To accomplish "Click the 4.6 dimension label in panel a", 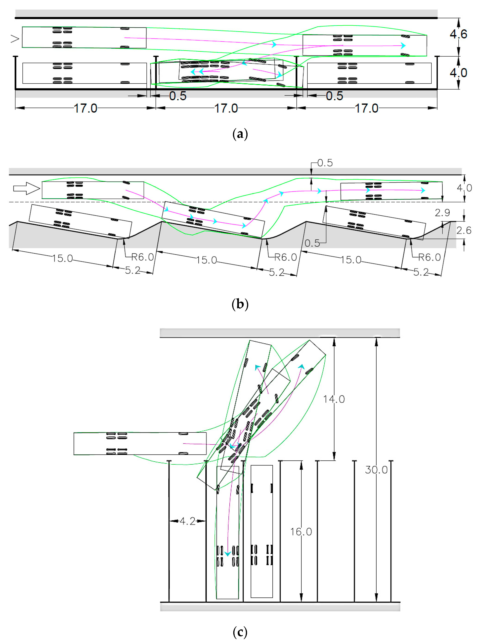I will (x=458, y=34).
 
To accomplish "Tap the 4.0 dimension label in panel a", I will (x=458, y=72).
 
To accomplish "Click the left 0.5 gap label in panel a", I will (x=178, y=96).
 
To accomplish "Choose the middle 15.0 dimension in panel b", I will (x=206, y=260).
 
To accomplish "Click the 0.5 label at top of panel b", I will (x=325, y=163).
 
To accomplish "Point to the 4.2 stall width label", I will (x=187, y=521).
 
